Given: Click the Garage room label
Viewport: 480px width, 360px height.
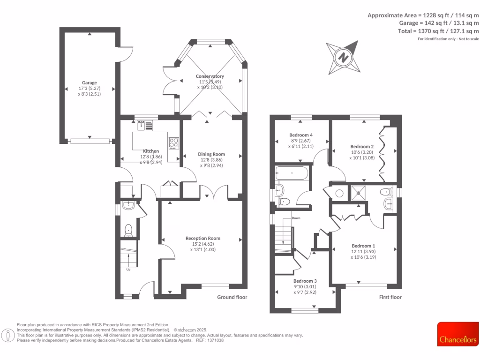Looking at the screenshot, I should point(90,83).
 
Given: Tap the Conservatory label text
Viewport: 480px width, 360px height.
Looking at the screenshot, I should point(210,76).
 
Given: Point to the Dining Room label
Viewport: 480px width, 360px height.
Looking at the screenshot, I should point(211,154).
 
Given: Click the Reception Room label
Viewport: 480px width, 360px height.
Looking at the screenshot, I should point(202,239).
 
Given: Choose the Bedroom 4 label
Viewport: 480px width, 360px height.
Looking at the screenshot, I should point(300,135).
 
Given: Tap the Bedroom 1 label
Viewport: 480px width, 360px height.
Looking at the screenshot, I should point(363,246).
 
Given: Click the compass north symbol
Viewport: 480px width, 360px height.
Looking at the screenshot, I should point(344,58).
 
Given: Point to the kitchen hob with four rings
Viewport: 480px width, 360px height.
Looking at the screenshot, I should point(174,142).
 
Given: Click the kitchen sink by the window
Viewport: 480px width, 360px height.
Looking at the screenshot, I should point(145,125).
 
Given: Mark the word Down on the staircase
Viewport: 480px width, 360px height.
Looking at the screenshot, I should point(296,218).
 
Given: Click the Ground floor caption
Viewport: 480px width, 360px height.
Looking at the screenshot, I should point(232,297).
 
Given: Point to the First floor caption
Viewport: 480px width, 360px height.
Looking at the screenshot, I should point(390,297).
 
